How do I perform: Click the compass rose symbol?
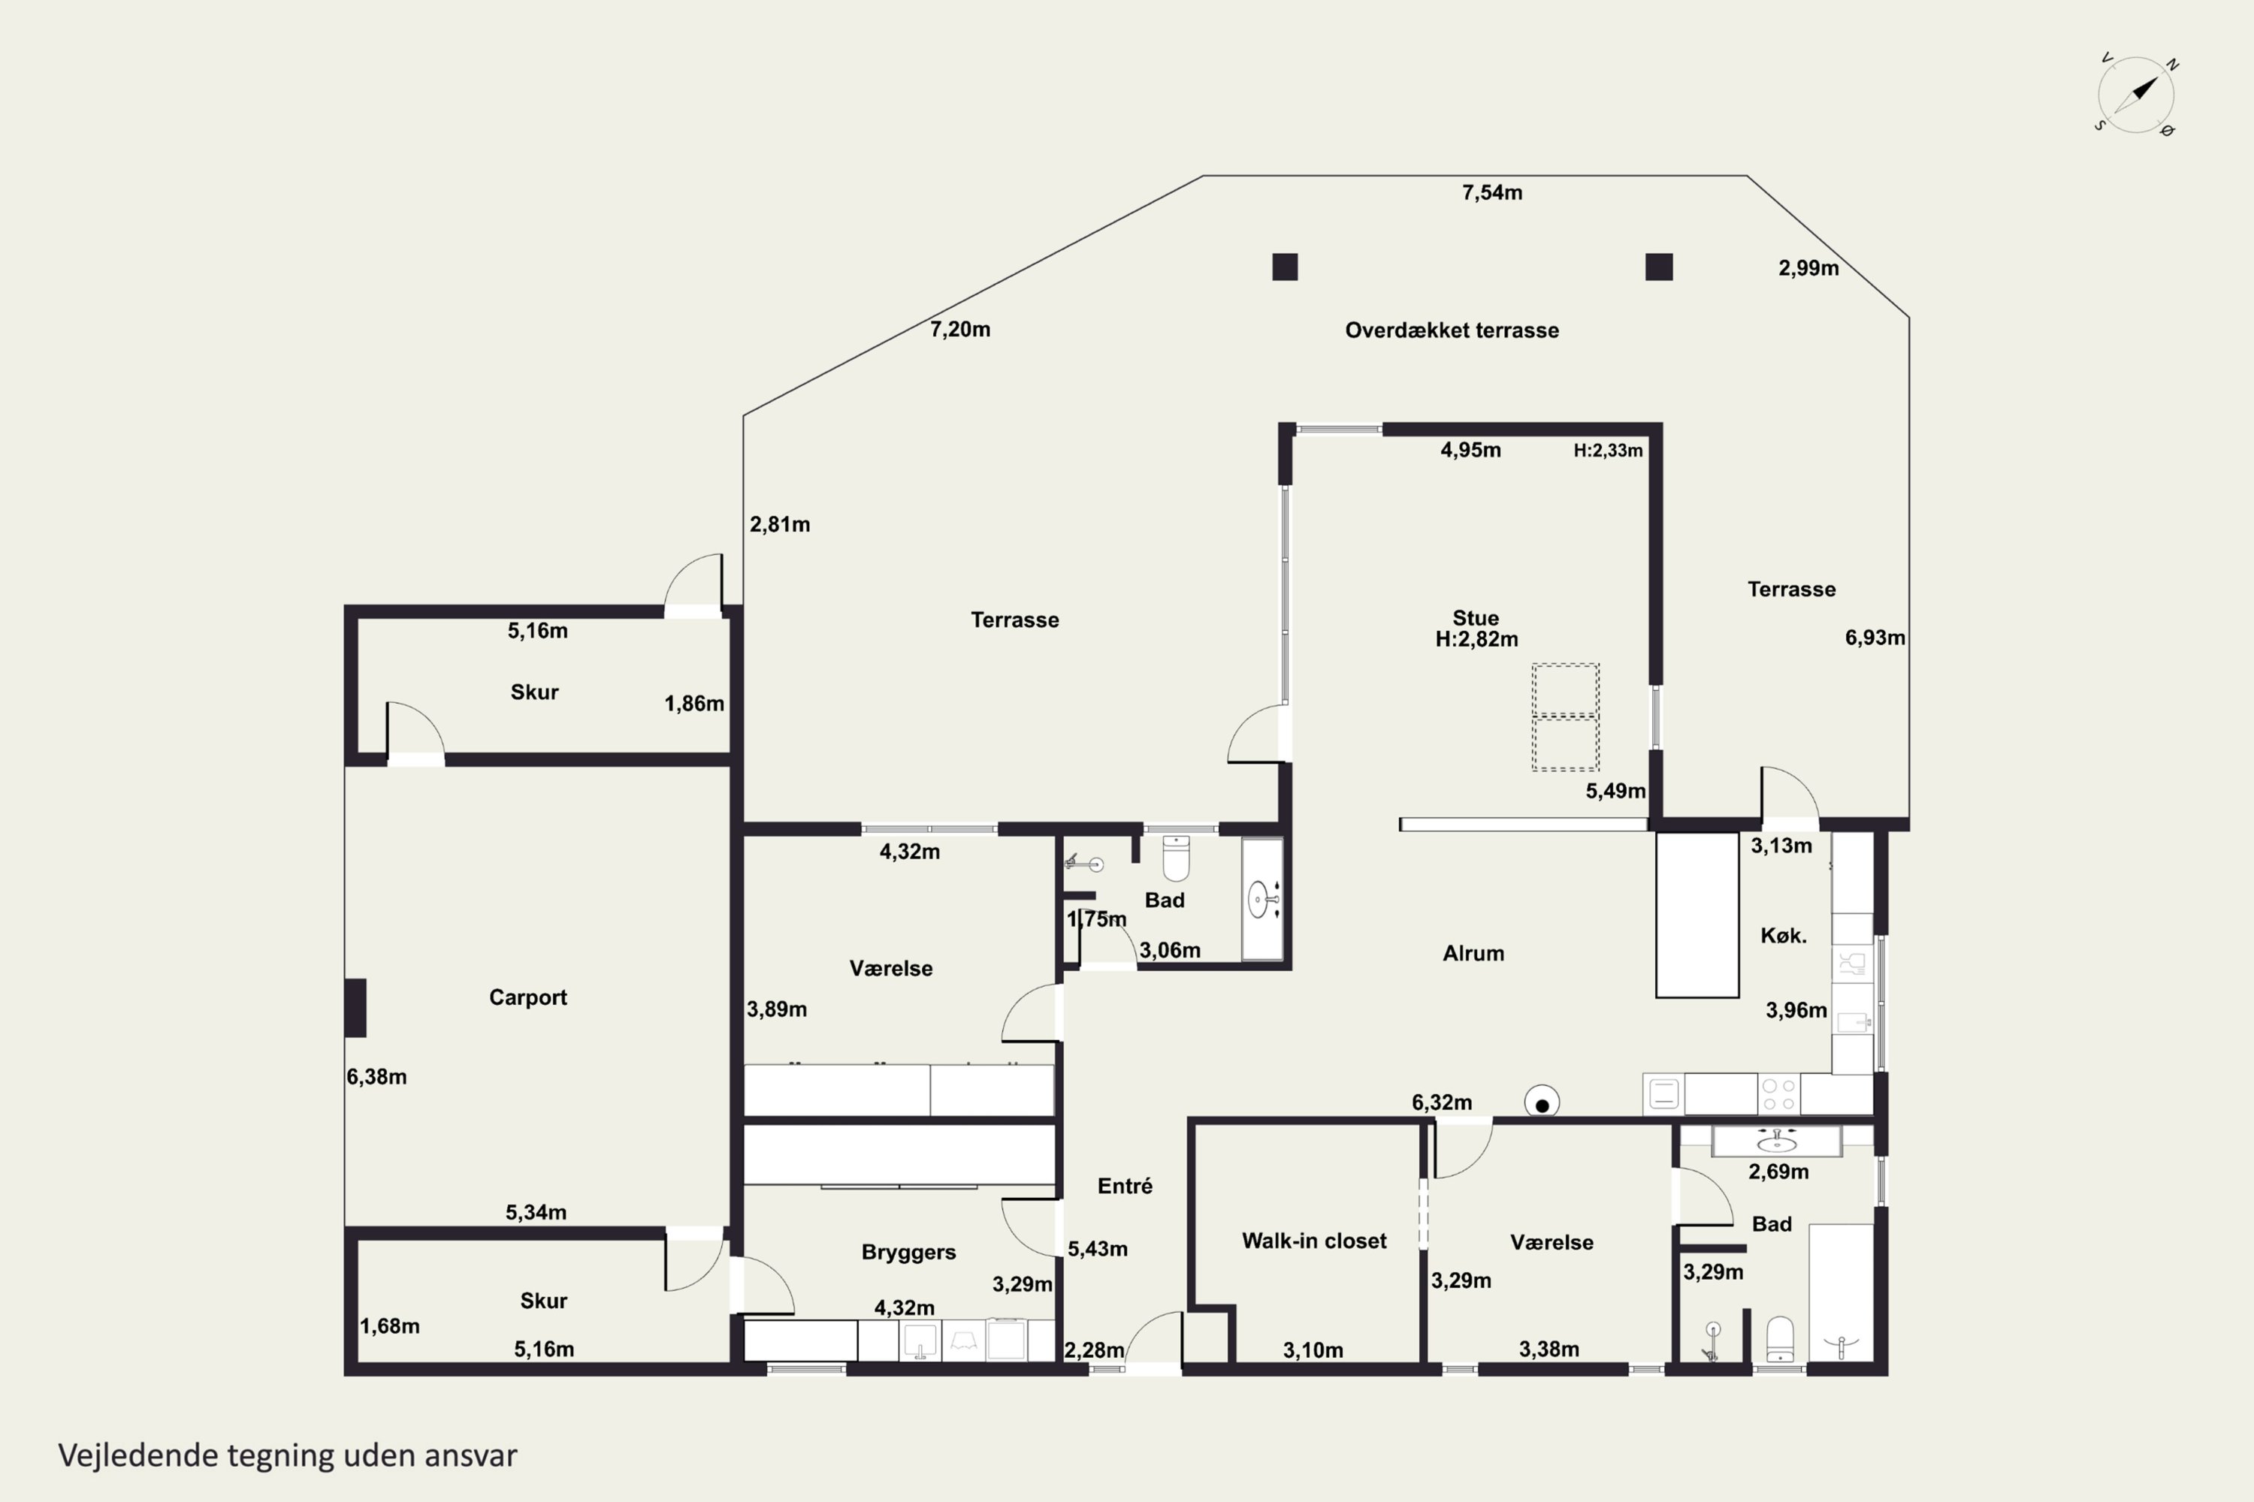tap(2136, 95)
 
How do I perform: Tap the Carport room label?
tap(528, 997)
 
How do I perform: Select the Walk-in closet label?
tap(1314, 1241)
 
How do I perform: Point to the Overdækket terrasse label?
tap(1452, 330)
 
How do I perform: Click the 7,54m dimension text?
tap(1492, 192)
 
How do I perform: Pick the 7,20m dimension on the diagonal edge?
tap(960, 330)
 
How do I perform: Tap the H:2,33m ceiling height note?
tap(1608, 450)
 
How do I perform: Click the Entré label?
tap(1125, 1186)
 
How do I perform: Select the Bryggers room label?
tap(908, 1252)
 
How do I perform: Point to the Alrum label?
tap(1473, 953)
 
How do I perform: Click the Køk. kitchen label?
tap(1784, 936)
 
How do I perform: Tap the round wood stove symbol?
tap(1542, 1102)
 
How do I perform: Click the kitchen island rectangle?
tap(1697, 915)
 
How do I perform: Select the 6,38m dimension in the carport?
tap(376, 1077)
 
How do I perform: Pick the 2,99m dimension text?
tap(1808, 268)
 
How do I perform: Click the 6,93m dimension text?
tap(1875, 638)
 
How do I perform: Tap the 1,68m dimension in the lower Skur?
tap(389, 1327)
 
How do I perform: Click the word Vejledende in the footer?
tap(139, 1455)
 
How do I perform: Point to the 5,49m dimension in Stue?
tap(1616, 792)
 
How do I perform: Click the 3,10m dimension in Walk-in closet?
tap(1313, 1350)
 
